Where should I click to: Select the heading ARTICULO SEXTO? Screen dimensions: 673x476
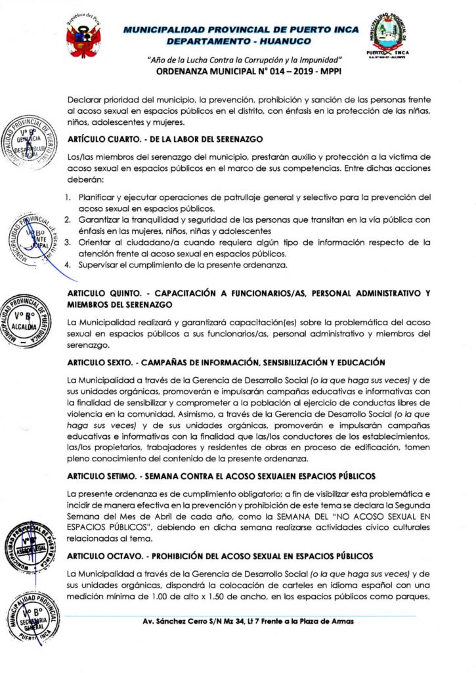227,363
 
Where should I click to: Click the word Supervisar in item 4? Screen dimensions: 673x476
98,265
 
